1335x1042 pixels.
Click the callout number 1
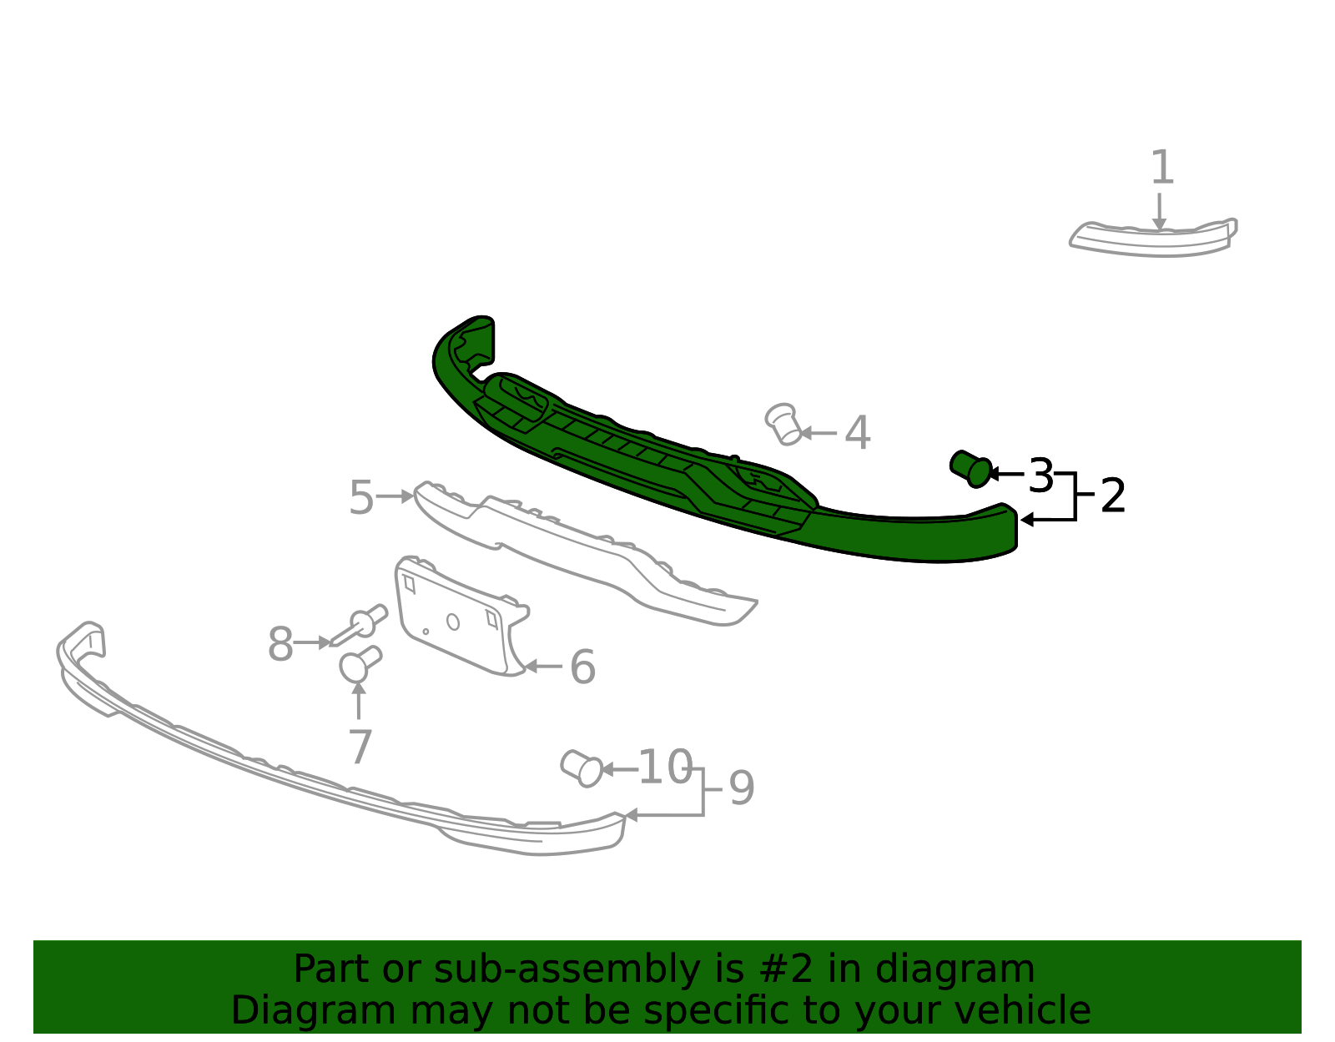click(1161, 167)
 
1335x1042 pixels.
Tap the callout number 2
click(1112, 496)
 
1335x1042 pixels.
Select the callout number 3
click(1040, 476)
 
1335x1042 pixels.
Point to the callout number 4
click(858, 433)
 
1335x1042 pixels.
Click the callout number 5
click(361, 497)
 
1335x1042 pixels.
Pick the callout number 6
click(582, 667)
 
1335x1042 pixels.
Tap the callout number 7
click(360, 747)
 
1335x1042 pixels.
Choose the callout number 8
click(280, 644)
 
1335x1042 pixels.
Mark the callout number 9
click(741, 788)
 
